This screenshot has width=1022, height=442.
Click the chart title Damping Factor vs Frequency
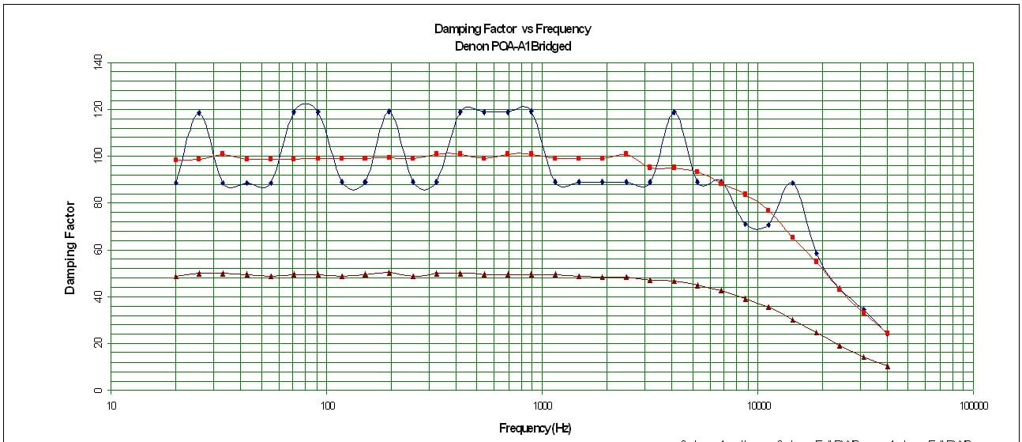(x=512, y=29)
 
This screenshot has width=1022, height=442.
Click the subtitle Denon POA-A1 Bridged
(x=512, y=46)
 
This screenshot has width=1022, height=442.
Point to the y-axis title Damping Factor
(x=70, y=247)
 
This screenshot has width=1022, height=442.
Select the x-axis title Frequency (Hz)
(x=535, y=429)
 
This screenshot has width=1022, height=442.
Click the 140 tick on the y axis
(x=99, y=61)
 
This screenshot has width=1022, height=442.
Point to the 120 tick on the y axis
(x=99, y=108)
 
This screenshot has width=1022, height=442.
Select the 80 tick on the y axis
(x=99, y=202)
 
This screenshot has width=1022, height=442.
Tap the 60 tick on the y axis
(x=99, y=250)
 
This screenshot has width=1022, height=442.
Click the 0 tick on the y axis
(x=99, y=391)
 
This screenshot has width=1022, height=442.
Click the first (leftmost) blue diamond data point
(x=176, y=183)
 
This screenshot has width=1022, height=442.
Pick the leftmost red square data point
(x=176, y=160)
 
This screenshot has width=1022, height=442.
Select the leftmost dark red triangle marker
(x=176, y=276)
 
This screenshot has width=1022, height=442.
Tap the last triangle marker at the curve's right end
(x=888, y=366)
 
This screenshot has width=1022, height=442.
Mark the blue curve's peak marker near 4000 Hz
(x=674, y=112)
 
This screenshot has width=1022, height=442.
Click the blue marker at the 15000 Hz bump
(x=792, y=183)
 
